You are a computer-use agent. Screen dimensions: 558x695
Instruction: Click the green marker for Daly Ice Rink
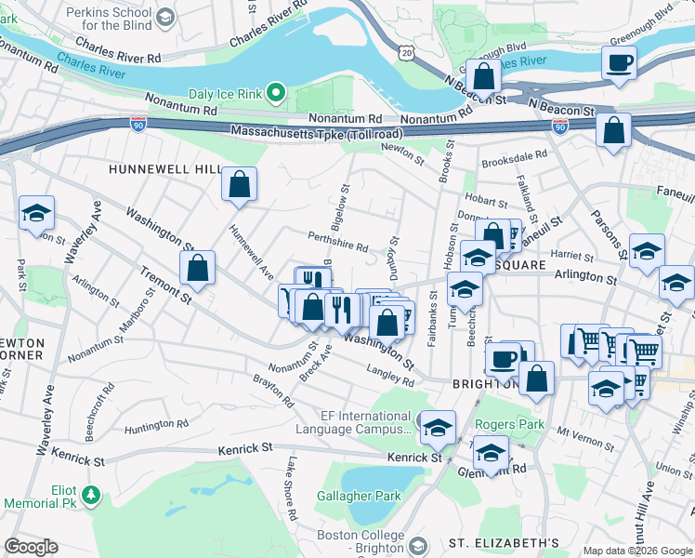coord(275,93)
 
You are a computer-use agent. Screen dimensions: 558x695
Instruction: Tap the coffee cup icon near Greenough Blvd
coord(619,64)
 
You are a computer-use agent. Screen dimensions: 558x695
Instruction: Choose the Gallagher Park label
coord(359,496)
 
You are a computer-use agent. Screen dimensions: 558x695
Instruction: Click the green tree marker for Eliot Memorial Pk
coord(90,492)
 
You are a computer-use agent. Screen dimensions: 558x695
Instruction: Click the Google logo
coord(31,547)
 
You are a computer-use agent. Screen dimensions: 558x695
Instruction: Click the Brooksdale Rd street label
coord(515,161)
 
